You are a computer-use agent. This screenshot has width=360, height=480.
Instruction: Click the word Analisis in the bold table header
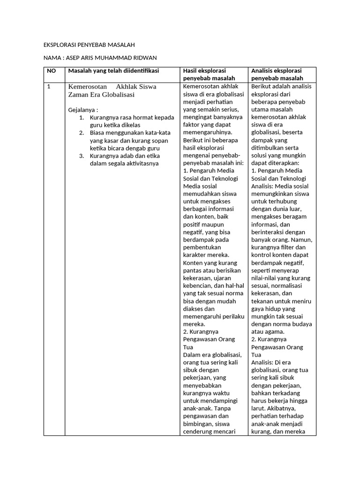(x=263, y=71)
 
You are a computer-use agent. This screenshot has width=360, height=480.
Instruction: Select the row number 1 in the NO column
(x=49, y=87)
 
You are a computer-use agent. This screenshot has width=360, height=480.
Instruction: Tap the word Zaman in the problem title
(x=78, y=95)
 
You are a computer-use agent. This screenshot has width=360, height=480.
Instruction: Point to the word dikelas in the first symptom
(x=129, y=125)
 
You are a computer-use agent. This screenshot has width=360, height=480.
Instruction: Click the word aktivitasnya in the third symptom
(x=141, y=164)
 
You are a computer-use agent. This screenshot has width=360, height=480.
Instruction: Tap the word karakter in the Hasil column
(x=195, y=255)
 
